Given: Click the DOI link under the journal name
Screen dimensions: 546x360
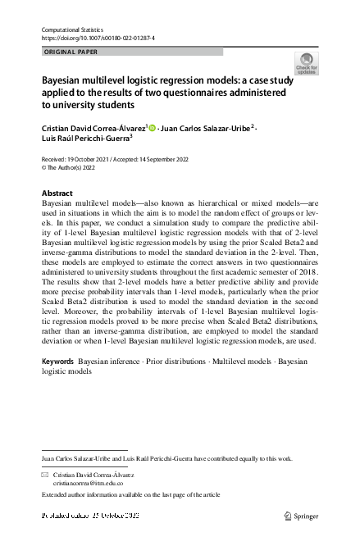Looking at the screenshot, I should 98,39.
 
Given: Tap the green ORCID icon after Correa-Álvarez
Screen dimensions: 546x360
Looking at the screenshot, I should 153,128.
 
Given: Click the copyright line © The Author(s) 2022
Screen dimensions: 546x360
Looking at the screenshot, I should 73,166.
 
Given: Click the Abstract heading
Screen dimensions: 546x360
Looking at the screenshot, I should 57,193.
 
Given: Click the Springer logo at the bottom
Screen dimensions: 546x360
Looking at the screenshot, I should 303,516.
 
